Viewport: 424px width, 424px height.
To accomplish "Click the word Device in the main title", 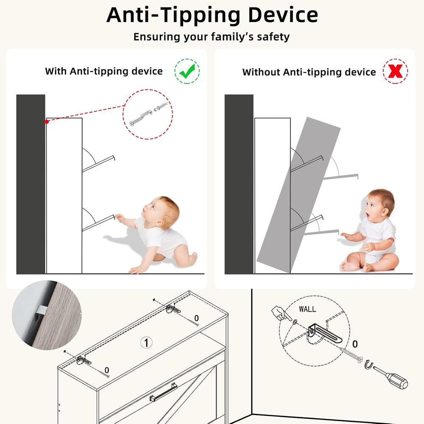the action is pyautogui.click(x=283, y=15).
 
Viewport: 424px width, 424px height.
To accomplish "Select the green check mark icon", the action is pyautogui.click(x=187, y=71).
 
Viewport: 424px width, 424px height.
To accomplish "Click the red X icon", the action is pyautogui.click(x=395, y=71).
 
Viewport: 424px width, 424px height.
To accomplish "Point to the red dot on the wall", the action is pyautogui.click(x=47, y=122).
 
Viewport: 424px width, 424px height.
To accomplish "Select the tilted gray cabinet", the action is pyautogui.click(x=298, y=195).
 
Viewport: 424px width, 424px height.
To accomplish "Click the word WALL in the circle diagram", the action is pyautogui.click(x=307, y=309).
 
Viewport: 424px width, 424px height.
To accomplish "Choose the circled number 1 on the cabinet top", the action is pyautogui.click(x=146, y=343).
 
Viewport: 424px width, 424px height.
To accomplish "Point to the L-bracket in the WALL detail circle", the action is pyautogui.click(x=324, y=332).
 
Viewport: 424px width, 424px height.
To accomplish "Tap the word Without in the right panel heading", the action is pyautogui.click(x=261, y=72).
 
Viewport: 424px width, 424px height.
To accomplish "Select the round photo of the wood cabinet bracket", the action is pyautogui.click(x=47, y=315).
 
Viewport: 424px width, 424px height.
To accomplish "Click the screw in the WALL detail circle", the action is pyautogui.click(x=351, y=354).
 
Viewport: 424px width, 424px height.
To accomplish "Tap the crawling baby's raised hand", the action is pyautogui.click(x=119, y=217).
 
